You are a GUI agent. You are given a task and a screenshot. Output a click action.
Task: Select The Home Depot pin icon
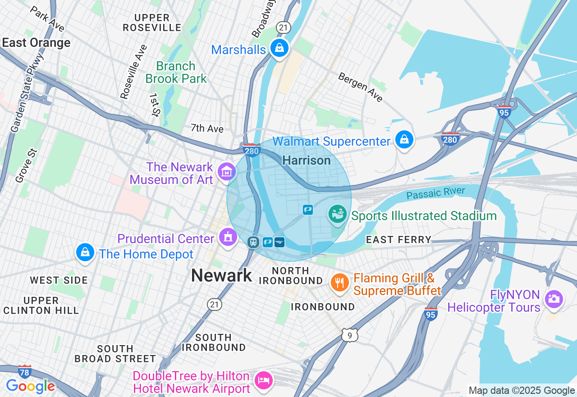[x=85, y=253]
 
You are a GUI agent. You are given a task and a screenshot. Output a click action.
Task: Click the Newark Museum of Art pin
[x=226, y=171]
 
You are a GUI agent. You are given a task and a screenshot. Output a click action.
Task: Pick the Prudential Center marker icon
[x=228, y=237]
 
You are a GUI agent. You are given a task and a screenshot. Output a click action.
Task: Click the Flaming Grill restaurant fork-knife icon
[x=339, y=283]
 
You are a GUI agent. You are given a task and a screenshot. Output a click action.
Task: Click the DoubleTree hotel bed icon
[x=263, y=380]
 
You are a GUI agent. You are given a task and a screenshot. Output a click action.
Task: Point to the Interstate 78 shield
[x=25, y=371]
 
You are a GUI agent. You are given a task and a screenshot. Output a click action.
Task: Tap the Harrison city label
[x=306, y=161]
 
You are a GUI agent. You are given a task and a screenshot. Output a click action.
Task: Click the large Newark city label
[x=221, y=275]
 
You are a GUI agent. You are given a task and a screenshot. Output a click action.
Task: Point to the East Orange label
[x=36, y=43]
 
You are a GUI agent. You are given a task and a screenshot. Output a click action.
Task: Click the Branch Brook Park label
[x=176, y=72]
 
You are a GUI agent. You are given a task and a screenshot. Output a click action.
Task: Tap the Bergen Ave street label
[x=360, y=87]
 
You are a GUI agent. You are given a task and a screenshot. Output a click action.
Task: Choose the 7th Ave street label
[x=207, y=129]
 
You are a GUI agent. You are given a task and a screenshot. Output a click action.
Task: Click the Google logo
[x=30, y=386]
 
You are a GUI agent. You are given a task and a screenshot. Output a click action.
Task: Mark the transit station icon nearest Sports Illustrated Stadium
[x=307, y=209]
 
